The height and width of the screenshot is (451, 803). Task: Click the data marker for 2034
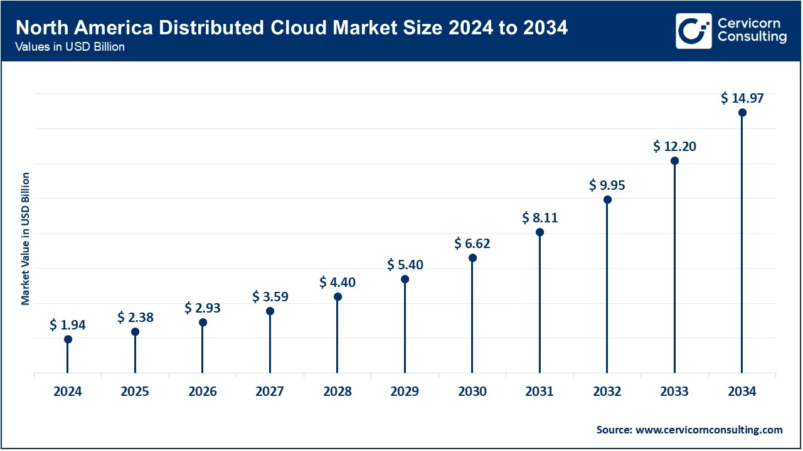(742, 113)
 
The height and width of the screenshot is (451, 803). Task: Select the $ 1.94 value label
(68, 324)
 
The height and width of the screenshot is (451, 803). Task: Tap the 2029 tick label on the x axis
(405, 392)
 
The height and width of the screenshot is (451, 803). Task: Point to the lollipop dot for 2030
(472, 257)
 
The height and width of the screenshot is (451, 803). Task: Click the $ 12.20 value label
(674, 147)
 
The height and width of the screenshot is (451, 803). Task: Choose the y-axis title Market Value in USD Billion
(26, 239)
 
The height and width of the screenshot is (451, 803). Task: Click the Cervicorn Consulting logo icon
(693, 31)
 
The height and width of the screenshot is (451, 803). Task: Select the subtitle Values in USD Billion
(70, 48)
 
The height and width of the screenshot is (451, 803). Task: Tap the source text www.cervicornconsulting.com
(709, 430)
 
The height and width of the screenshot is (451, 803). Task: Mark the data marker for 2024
(68, 339)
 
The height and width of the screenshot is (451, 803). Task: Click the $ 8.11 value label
(540, 218)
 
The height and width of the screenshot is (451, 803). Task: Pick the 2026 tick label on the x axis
(203, 392)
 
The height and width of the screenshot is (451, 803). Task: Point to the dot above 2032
(607, 200)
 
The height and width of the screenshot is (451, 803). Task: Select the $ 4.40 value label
(338, 283)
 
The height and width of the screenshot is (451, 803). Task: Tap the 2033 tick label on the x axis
(674, 392)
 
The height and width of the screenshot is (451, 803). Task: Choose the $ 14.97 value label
(742, 98)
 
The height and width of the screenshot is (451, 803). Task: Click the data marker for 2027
(270, 311)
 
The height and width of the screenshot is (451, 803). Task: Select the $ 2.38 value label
(135, 318)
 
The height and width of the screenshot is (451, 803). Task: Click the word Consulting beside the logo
(752, 38)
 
